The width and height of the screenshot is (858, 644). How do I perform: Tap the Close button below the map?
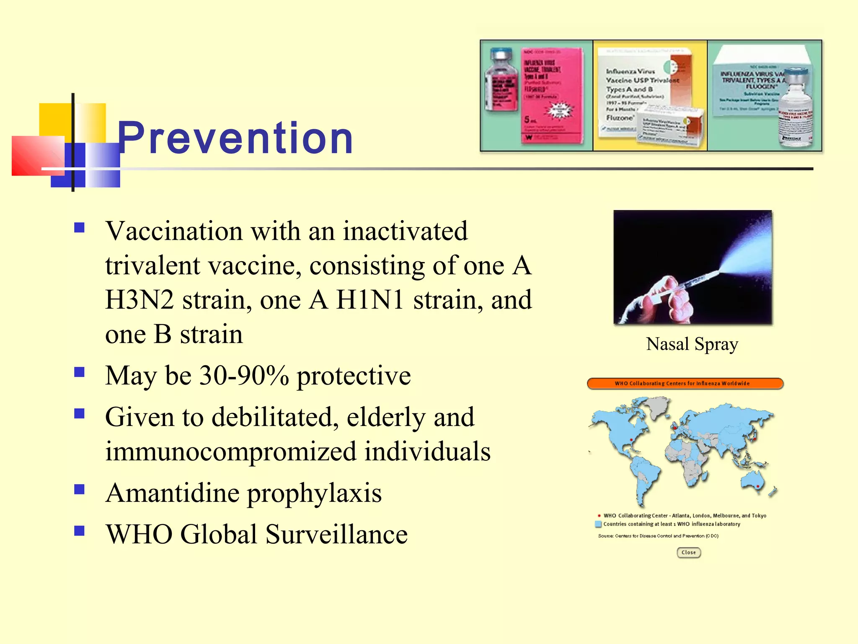[x=688, y=553]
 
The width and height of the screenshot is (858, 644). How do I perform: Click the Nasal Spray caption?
[x=692, y=344]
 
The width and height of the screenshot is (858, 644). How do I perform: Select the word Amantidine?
[x=172, y=493]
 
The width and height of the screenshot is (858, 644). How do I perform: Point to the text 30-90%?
[x=244, y=376]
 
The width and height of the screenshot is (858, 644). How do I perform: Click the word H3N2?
[x=140, y=300]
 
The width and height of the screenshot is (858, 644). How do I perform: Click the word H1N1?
[x=370, y=300]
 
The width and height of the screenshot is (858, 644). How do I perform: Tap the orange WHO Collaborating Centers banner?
[x=685, y=384]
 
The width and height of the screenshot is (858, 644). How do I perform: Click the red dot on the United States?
[x=631, y=440]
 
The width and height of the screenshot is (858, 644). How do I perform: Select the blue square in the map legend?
[x=598, y=524]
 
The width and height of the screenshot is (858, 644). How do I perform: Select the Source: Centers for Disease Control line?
[x=658, y=536]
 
